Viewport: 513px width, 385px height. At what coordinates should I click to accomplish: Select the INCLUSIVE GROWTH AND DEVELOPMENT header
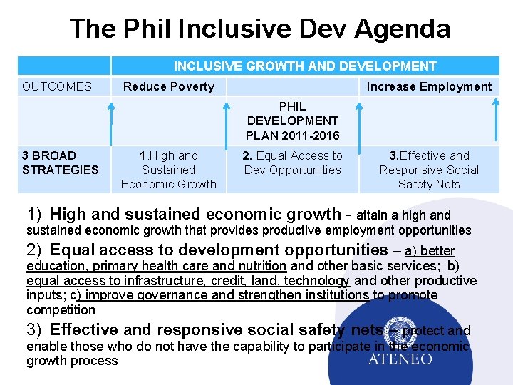305,66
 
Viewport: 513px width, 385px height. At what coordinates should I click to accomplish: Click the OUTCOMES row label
57,86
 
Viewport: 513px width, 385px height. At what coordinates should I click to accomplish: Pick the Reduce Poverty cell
169,86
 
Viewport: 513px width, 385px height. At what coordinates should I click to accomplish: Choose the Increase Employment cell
429,86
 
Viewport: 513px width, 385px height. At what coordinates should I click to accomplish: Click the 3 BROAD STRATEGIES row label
61,163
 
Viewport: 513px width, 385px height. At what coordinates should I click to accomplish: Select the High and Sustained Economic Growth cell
169,170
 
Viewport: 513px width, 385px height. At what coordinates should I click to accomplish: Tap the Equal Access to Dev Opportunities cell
293,163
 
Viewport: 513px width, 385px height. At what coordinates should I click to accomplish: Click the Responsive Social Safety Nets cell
429,170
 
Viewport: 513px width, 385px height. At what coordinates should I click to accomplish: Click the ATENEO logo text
400,359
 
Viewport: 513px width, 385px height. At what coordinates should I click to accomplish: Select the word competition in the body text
61,309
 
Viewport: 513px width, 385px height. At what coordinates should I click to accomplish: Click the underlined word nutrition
260,266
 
